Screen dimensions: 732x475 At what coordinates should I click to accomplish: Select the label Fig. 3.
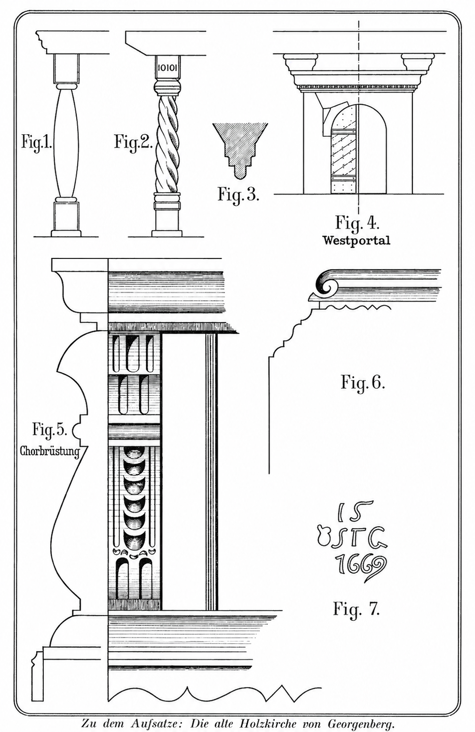point(238,194)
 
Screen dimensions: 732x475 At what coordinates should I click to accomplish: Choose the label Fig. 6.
point(363,382)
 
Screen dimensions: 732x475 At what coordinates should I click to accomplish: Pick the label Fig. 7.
point(356,609)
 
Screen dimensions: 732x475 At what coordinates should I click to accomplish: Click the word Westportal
point(356,241)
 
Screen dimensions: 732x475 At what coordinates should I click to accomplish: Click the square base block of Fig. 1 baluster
point(65,216)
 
